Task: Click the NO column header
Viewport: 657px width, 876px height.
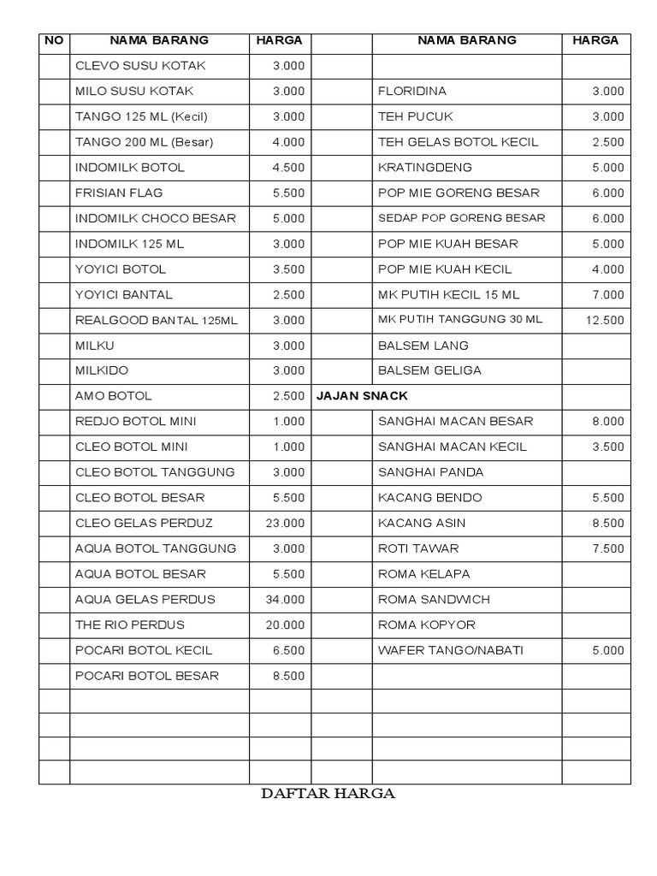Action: click(54, 40)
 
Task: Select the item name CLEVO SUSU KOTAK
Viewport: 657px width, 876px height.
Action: click(140, 66)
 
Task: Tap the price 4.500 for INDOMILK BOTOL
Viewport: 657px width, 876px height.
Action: click(288, 168)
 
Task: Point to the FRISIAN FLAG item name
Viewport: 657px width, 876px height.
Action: click(119, 193)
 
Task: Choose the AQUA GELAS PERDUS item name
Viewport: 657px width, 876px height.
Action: click(145, 599)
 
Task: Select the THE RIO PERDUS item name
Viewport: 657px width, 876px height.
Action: click(130, 624)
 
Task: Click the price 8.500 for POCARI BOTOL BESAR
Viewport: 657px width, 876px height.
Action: click(288, 676)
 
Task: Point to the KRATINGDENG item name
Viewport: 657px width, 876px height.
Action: click(425, 168)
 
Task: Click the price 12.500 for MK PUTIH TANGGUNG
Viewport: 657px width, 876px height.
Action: click(605, 321)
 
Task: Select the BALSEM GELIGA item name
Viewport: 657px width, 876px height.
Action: click(429, 370)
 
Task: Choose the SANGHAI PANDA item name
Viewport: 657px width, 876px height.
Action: click(431, 472)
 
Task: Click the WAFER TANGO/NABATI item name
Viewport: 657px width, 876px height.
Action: click(451, 650)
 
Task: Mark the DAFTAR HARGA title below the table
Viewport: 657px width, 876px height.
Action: click(328, 793)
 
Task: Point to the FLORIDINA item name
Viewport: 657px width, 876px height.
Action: click(412, 92)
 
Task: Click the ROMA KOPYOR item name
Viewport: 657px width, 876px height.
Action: click(427, 624)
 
